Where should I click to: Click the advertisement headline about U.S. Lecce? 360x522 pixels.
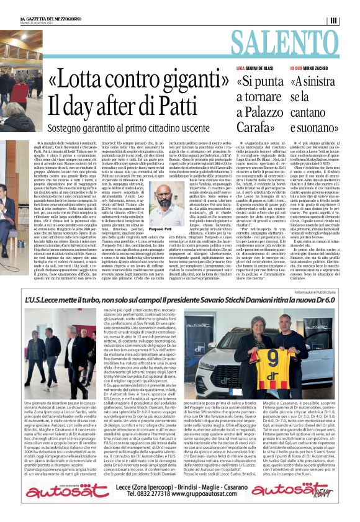pyautogui.click(x=179, y=305)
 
